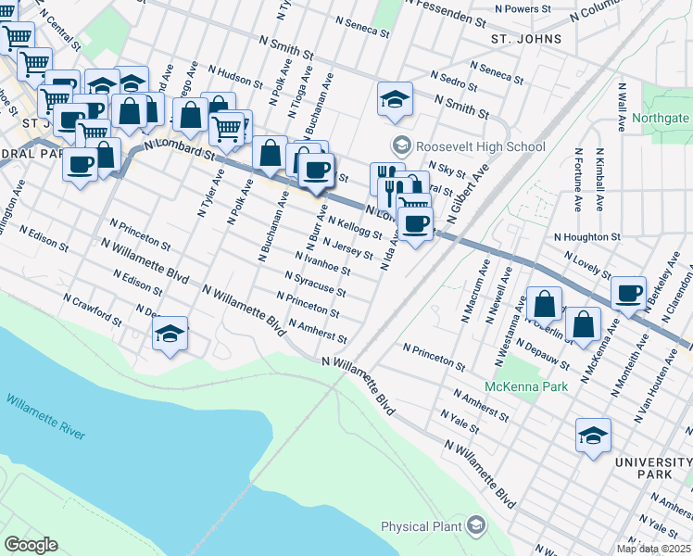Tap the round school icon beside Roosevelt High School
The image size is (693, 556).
(x=402, y=145)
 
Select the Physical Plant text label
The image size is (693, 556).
(x=421, y=527)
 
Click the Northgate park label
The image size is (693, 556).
(x=661, y=119)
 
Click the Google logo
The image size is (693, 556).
(x=31, y=544)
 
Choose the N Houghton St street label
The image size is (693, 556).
(x=586, y=237)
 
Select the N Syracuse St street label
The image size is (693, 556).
(x=315, y=284)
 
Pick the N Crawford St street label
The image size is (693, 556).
(x=92, y=310)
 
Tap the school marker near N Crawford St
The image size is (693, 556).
(x=170, y=335)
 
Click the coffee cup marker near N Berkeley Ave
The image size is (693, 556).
(x=629, y=293)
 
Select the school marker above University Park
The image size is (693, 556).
(x=593, y=435)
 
